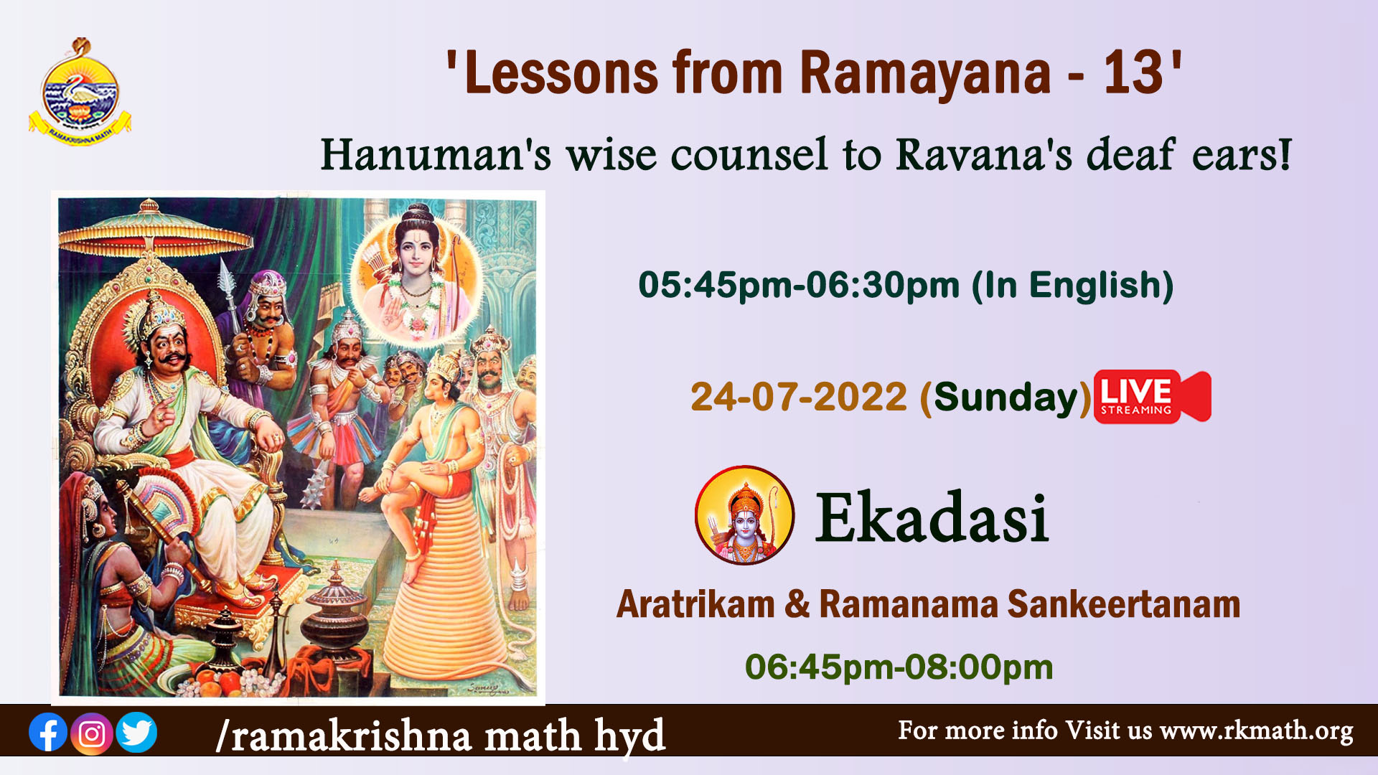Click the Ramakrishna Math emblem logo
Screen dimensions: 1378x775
click(x=80, y=92)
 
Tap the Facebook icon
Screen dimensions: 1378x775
click(x=48, y=733)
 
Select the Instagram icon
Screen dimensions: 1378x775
click(x=92, y=733)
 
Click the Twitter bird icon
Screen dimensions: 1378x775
click(x=136, y=733)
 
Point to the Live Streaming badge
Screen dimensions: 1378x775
click(x=1152, y=397)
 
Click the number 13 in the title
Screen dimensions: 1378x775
click(x=1133, y=73)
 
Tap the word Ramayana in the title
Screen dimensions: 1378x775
click(x=925, y=75)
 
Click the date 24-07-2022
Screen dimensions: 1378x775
click(x=799, y=397)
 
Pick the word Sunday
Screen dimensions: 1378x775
click(x=1006, y=397)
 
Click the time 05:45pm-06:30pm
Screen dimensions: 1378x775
click(x=799, y=285)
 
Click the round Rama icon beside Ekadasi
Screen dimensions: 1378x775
click(x=744, y=515)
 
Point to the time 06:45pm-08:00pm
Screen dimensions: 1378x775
click(x=899, y=667)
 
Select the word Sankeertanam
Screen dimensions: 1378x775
click(x=1123, y=604)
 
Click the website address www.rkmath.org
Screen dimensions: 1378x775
click(x=1256, y=731)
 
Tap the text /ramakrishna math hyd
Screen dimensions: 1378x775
click(x=441, y=736)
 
